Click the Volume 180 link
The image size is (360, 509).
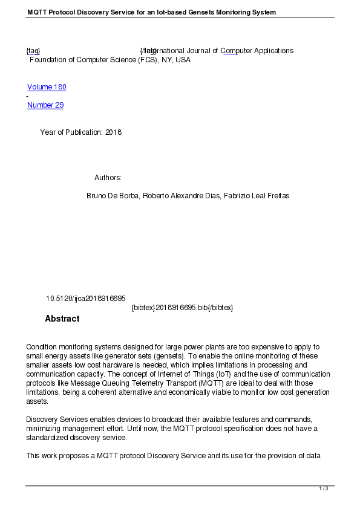click(47, 87)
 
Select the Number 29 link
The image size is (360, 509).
click(45, 105)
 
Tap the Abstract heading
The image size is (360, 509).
click(62, 319)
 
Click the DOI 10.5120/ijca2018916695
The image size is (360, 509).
click(85, 299)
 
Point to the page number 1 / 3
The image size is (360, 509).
click(324, 488)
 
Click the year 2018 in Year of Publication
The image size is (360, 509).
click(113, 132)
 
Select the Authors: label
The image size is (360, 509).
click(108, 178)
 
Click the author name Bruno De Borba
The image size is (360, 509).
click(113, 196)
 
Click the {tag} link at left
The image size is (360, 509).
click(33, 51)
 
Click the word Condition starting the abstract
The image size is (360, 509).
click(42, 347)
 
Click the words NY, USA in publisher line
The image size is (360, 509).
click(175, 60)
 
